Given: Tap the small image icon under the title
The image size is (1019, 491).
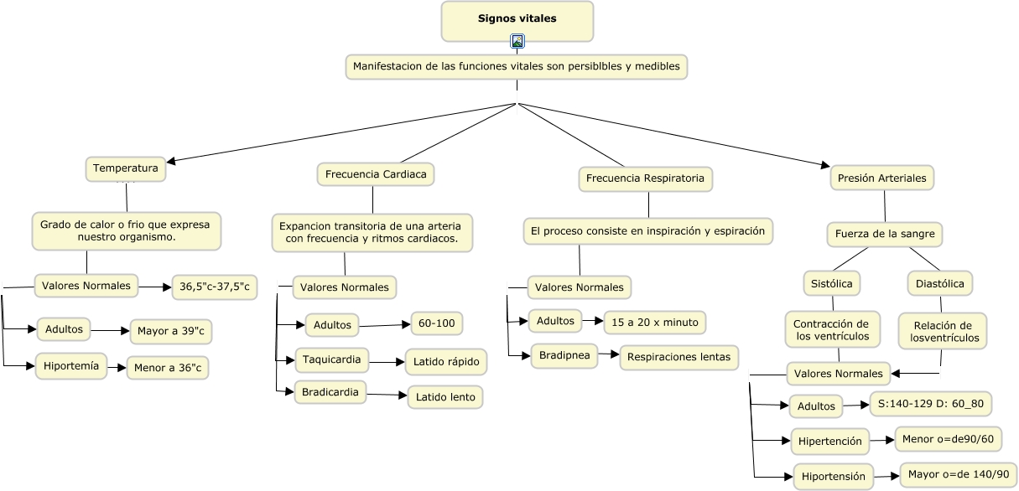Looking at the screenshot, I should (517, 41).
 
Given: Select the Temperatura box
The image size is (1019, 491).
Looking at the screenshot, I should (126, 168).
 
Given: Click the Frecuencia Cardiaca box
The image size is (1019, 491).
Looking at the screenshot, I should (375, 174).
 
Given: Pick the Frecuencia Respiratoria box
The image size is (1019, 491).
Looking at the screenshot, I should (645, 178).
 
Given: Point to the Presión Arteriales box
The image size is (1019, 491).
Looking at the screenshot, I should (882, 178).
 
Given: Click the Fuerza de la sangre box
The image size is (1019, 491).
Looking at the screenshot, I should (884, 234).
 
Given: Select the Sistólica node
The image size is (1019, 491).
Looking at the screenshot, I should (832, 284).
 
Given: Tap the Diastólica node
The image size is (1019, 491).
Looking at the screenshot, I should (939, 284).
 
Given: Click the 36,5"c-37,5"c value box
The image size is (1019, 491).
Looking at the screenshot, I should (215, 287).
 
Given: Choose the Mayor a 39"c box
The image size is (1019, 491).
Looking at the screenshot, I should (171, 332).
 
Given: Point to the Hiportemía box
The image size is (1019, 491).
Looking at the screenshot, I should (71, 366).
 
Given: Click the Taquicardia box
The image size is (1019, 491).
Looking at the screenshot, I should (332, 360).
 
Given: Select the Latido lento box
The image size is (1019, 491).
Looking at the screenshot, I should (445, 396).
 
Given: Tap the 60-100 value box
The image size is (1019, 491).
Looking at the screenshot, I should (436, 323).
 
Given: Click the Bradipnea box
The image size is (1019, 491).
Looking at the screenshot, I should (563, 355).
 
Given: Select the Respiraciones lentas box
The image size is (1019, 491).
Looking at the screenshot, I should (678, 357).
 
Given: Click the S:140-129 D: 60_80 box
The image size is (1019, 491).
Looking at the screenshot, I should (931, 404).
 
